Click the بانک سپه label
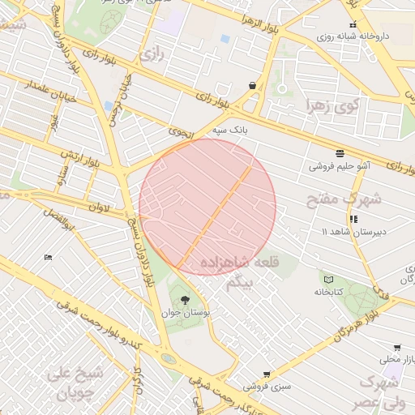(229, 129)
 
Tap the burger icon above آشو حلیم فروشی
(339, 152)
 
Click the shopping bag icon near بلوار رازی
(253, 84)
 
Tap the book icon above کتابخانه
(328, 279)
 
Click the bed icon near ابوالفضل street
(48, 257)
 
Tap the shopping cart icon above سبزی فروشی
(267, 375)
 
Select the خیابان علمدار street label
(29, 85)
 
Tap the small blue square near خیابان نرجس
(108, 106)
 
